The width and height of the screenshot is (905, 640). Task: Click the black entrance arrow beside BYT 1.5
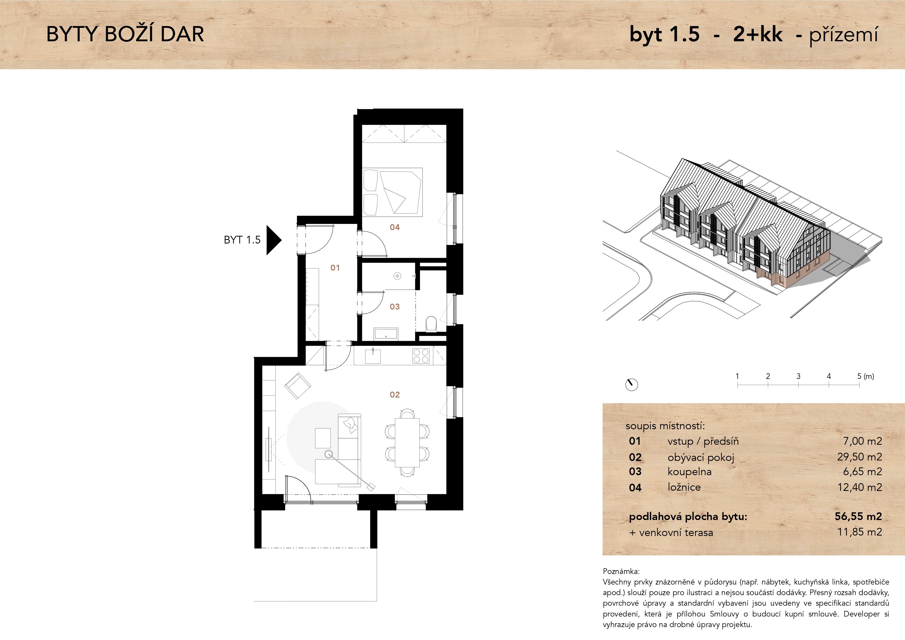[x=273, y=240]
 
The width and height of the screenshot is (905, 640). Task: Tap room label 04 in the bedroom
[x=394, y=227]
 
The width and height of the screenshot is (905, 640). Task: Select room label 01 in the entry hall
[x=335, y=268]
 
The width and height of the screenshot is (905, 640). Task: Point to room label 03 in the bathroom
[x=394, y=307]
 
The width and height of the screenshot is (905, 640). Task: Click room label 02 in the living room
[x=394, y=394]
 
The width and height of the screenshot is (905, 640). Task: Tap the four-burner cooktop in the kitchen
[x=421, y=356]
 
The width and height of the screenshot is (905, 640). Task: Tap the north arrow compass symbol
[x=632, y=385]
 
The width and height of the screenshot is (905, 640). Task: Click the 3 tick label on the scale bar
[x=798, y=376]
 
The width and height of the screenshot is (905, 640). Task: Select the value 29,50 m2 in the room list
[x=860, y=457]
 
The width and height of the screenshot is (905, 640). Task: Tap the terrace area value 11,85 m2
[x=860, y=532]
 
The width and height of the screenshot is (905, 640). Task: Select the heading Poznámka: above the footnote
[x=621, y=571]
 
